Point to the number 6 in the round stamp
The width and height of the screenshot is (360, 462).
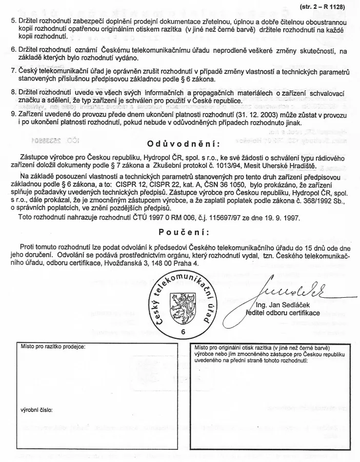coord(183,332)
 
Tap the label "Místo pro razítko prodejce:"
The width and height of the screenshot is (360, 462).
coord(53,346)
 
